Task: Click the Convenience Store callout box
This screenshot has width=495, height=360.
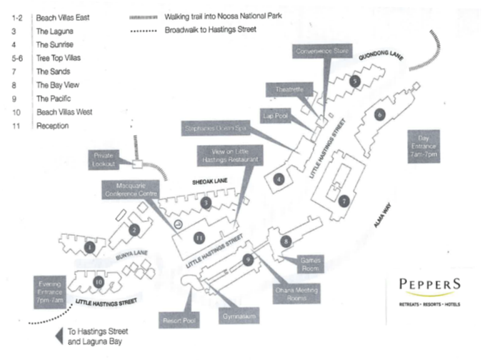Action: [323, 51]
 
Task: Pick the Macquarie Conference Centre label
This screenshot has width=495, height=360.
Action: [131, 191]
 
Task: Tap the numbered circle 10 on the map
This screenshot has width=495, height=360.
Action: [98, 282]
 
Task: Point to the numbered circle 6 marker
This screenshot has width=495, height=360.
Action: [380, 114]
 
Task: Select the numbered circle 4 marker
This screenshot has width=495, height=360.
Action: [280, 179]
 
